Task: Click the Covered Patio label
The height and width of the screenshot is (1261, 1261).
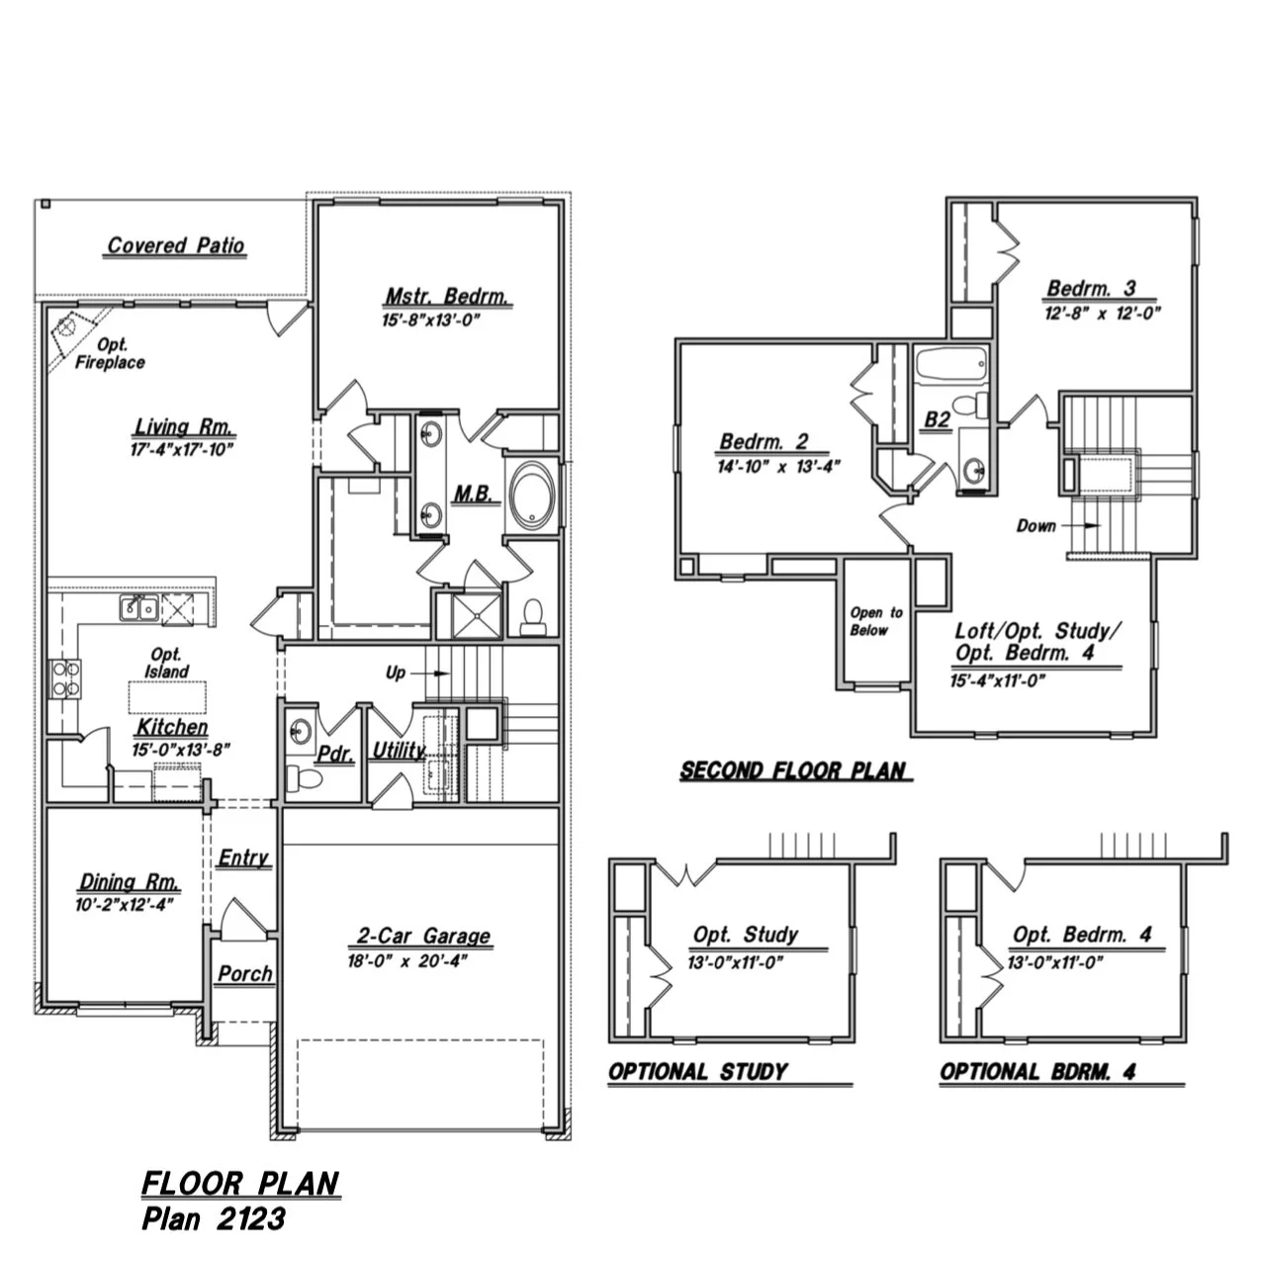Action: tap(176, 245)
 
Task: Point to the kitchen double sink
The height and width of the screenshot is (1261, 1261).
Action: tap(137, 608)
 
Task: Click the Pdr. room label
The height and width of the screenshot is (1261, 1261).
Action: tap(335, 754)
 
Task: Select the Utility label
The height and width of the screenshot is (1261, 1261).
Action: tap(398, 751)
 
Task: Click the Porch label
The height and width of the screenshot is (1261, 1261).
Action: tap(245, 974)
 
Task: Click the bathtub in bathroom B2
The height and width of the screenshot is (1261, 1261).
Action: tap(950, 367)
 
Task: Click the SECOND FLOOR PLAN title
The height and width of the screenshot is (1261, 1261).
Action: tap(793, 770)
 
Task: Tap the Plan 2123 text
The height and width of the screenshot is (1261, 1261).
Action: tap(214, 1218)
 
